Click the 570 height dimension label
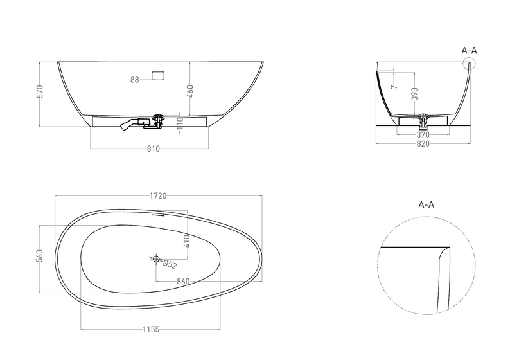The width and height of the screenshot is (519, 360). coord(40,91)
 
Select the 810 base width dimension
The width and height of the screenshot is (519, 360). coord(154,149)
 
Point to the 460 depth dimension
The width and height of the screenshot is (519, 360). coord(190,91)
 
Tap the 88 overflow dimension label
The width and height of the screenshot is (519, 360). coord(134,80)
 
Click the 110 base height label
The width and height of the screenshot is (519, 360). coord(180,123)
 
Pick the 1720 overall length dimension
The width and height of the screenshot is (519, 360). coord(158,195)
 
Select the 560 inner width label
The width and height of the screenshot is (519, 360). coord(40,256)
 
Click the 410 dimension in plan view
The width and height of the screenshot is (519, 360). coord(187,242)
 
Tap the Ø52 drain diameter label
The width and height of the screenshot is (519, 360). coord(170,264)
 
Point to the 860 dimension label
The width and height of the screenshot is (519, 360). coord(183,282)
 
